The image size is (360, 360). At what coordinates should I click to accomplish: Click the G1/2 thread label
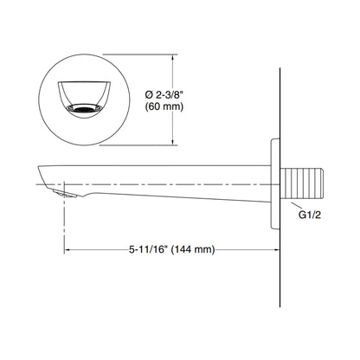[x=310, y=215]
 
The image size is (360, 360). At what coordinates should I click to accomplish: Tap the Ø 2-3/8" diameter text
[x=164, y=94]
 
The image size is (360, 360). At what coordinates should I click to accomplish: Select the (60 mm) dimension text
[x=164, y=106]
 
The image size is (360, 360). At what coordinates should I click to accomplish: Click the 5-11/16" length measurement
[x=149, y=249]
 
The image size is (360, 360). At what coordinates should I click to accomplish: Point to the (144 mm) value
[x=193, y=249]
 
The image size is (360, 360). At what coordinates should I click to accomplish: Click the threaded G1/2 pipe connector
[x=301, y=183]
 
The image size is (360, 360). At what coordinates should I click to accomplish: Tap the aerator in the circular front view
[x=84, y=109]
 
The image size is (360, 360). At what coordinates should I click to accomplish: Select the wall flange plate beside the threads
[x=275, y=183]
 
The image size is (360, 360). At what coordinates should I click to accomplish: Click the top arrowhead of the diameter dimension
[x=172, y=57]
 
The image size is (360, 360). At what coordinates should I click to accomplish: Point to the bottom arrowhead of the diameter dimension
[x=172, y=142]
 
